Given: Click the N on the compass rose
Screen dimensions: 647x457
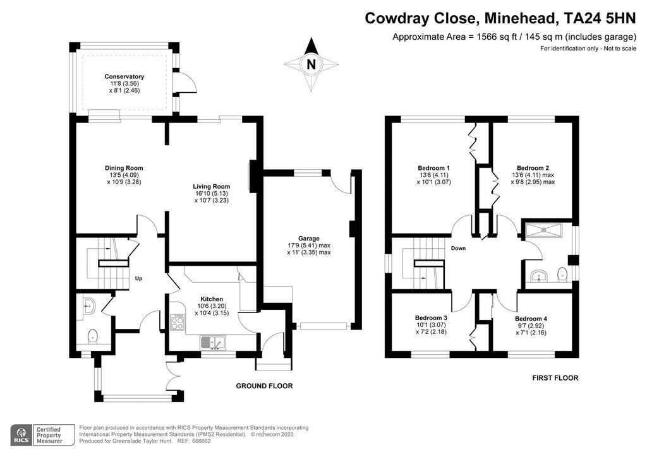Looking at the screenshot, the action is pyautogui.click(x=311, y=64).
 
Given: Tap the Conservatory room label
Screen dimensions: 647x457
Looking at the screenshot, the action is pyautogui.click(x=124, y=76).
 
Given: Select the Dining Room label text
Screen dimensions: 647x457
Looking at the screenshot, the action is pyautogui.click(x=124, y=168).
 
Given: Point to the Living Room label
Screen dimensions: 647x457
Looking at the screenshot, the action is pyautogui.click(x=211, y=187).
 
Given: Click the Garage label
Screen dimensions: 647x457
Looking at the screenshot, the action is pyautogui.click(x=309, y=239).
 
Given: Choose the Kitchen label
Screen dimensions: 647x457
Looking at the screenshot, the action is pyautogui.click(x=212, y=299).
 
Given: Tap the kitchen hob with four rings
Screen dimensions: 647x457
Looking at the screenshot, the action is pyautogui.click(x=178, y=322).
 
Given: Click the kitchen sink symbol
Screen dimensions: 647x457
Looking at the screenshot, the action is pyautogui.click(x=213, y=343).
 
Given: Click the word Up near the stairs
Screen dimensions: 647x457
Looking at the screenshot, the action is pyautogui.click(x=138, y=278).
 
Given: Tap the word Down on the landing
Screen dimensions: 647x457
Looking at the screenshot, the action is pyautogui.click(x=458, y=248).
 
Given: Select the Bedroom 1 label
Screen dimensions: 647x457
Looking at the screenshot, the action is pyautogui.click(x=433, y=168).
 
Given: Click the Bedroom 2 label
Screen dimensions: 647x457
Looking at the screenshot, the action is pyautogui.click(x=533, y=168).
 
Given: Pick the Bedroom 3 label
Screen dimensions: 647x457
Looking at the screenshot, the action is pyautogui.click(x=431, y=318).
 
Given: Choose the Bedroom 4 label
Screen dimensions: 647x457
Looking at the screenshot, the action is pyautogui.click(x=531, y=319).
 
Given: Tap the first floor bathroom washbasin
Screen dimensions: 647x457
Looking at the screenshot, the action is pyautogui.click(x=538, y=276).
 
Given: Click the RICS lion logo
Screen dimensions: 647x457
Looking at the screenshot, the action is pyautogui.click(x=21, y=435).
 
